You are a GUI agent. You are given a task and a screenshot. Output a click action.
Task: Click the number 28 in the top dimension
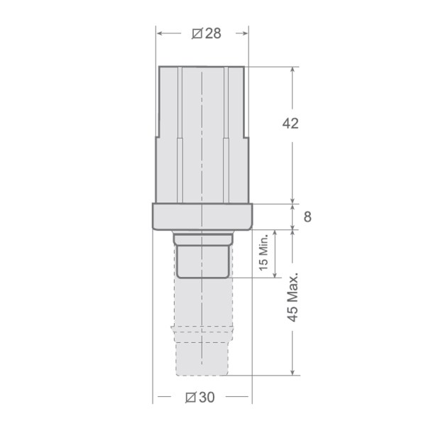click(x=213, y=33)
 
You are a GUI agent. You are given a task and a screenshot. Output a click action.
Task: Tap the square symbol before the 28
click(x=197, y=33)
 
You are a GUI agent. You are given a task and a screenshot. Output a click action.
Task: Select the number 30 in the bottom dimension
click(x=207, y=397)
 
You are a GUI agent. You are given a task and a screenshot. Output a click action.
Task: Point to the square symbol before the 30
click(x=190, y=397)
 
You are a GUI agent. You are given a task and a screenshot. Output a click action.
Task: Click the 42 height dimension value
click(x=290, y=123)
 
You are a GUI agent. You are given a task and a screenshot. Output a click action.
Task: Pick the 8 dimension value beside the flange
click(x=307, y=217)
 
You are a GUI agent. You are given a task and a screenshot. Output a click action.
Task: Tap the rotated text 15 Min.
click(x=263, y=254)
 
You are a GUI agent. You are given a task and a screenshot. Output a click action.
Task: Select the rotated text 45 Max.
click(x=292, y=297)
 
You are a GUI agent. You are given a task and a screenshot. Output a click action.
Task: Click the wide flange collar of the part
click(x=202, y=216)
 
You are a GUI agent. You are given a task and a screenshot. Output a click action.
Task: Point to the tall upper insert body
click(x=202, y=135)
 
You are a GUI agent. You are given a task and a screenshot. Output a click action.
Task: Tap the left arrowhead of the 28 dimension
click(x=160, y=33)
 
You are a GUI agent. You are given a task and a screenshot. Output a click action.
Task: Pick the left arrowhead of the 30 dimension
click(x=157, y=397)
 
